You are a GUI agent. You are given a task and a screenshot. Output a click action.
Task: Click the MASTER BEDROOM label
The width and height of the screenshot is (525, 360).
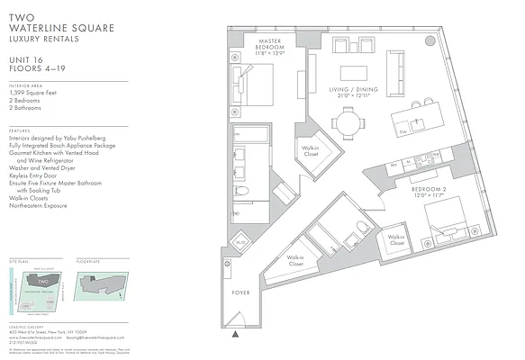click(x=271, y=46)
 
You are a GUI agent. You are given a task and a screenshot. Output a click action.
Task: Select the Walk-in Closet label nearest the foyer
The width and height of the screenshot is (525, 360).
click(x=294, y=260)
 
